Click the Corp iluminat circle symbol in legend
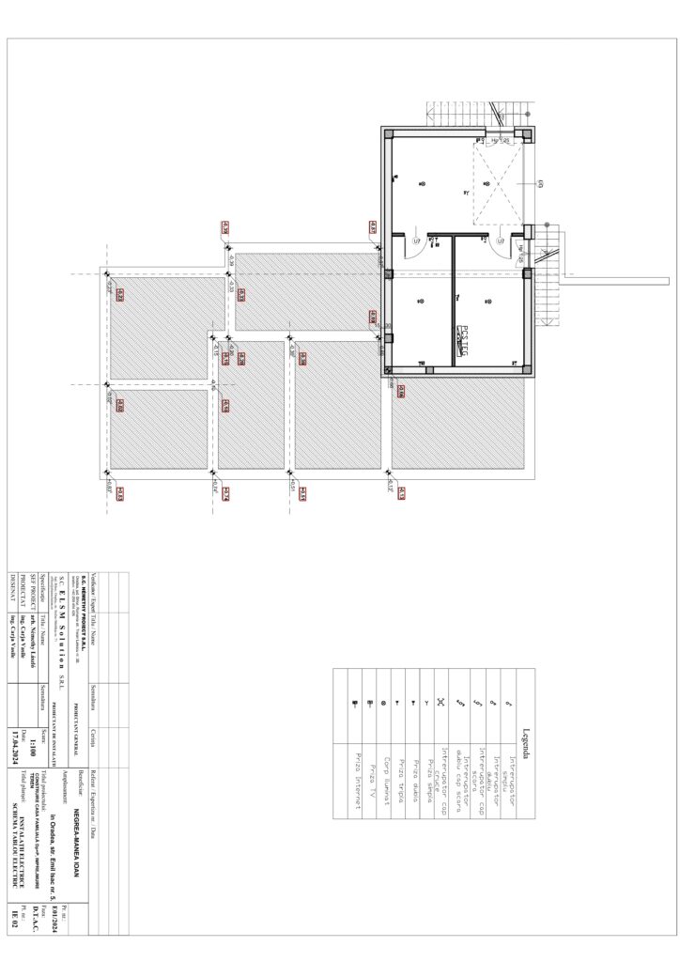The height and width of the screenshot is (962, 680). click(383, 702)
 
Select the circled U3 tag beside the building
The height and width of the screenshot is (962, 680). click(539, 184)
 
